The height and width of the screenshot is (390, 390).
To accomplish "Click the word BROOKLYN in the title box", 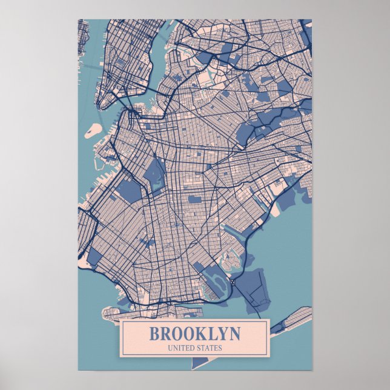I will pos(194,334).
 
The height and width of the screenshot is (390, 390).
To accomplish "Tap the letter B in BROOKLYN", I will pos(154,334).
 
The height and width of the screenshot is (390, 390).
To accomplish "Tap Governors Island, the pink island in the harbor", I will pos(94,129).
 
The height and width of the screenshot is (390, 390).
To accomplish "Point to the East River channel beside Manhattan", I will pos(156,61).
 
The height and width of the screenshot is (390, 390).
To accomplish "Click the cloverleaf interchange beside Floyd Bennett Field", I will pos(233,282).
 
